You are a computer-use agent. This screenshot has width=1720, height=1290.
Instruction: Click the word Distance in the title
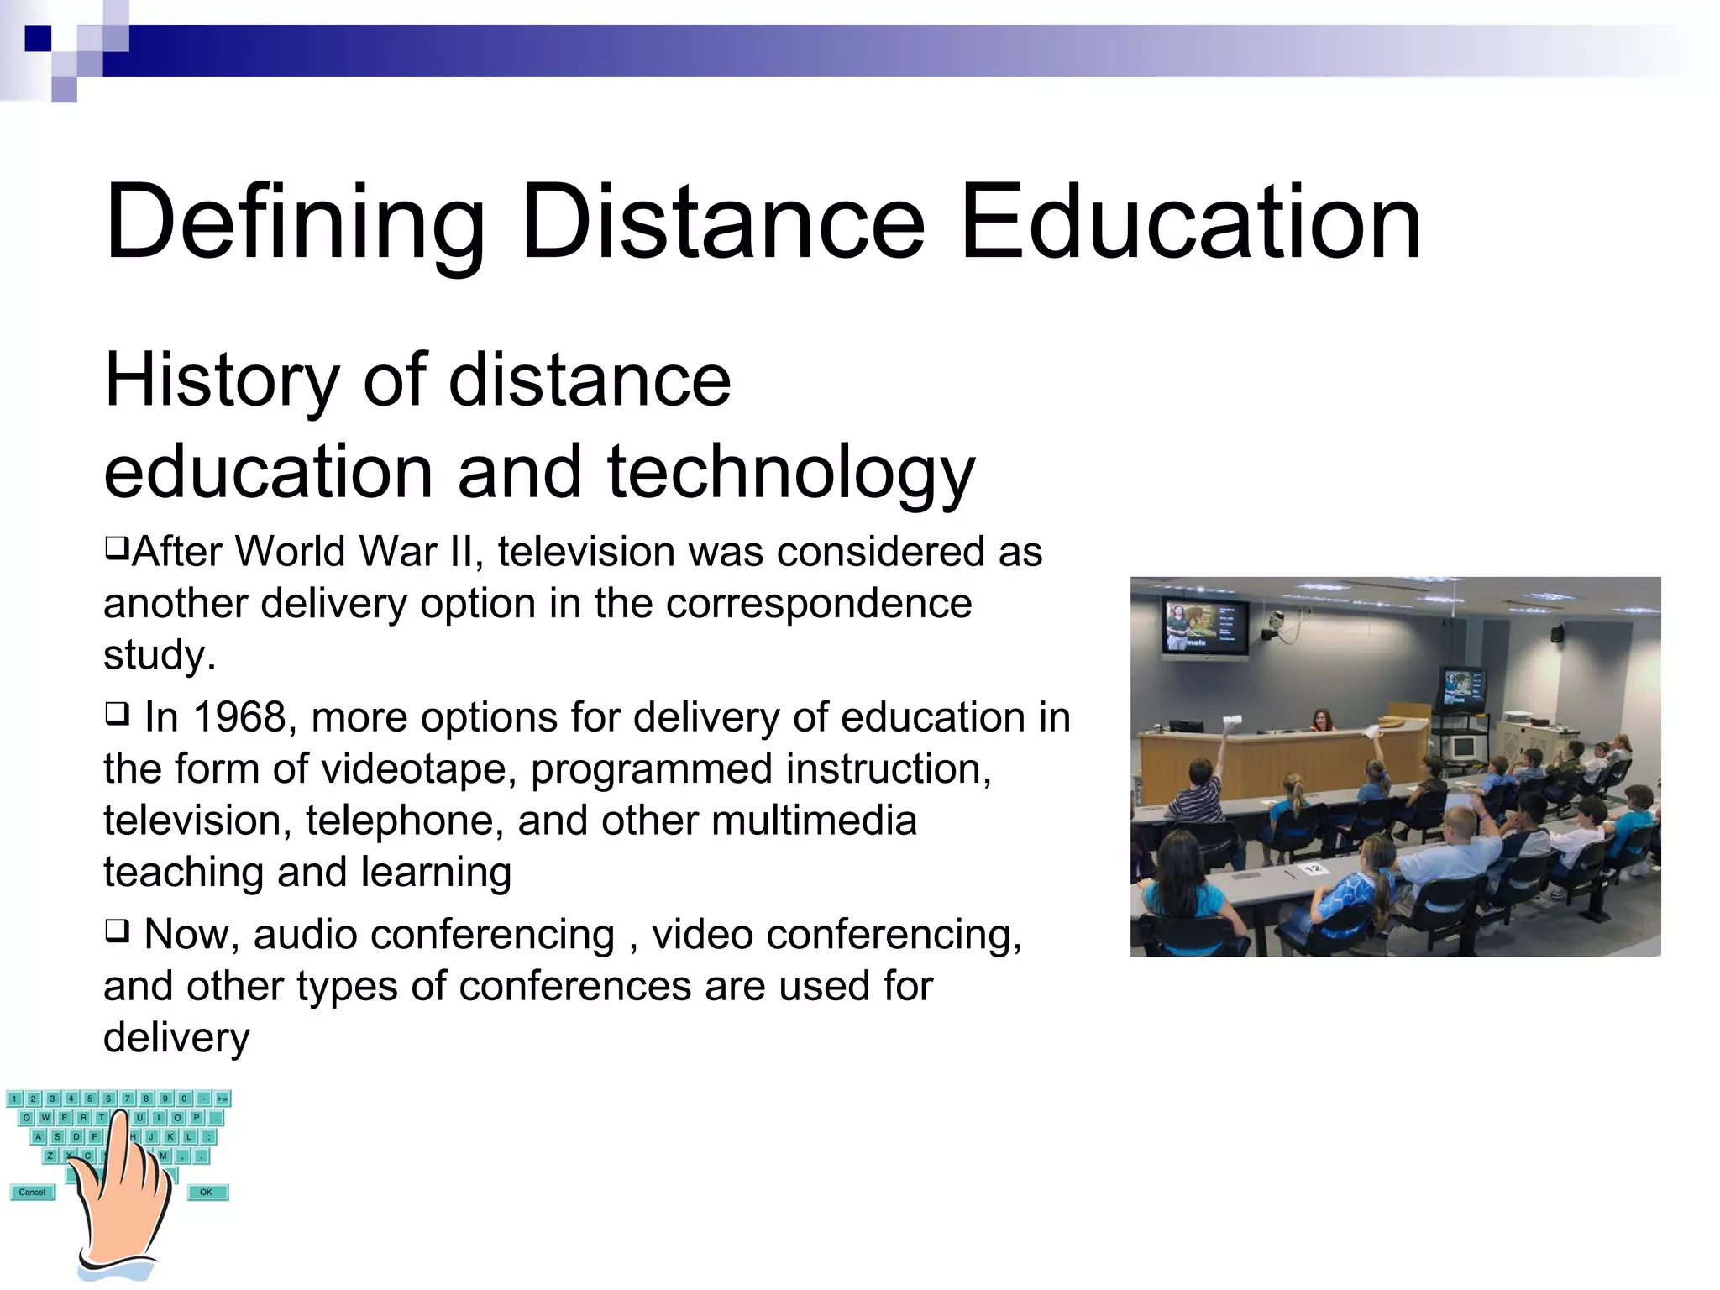point(722,223)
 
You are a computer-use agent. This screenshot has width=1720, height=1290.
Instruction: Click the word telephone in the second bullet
point(404,821)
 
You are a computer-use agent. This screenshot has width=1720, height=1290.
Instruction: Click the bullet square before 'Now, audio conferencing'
point(117,931)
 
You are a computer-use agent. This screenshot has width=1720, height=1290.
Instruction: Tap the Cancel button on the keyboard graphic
point(32,1192)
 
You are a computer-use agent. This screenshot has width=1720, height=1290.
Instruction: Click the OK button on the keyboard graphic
point(207,1192)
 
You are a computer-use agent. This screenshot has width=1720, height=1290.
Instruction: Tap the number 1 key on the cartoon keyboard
point(14,1099)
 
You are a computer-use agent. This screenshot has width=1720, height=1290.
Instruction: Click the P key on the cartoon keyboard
point(196,1118)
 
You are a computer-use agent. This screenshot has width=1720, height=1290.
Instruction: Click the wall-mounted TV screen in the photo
point(1204,626)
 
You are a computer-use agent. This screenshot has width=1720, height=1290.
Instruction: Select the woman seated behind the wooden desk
point(1322,721)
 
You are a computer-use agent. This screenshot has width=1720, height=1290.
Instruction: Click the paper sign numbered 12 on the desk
point(1314,868)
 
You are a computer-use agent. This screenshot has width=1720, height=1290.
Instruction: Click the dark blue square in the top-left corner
point(38,39)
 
